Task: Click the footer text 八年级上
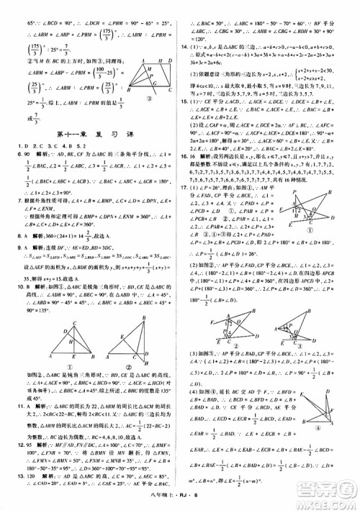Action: pyautogui.click(x=159, y=504)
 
